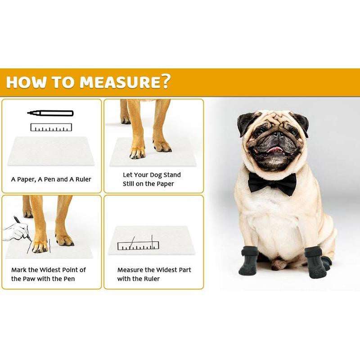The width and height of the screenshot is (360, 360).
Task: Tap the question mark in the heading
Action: tap(165, 82)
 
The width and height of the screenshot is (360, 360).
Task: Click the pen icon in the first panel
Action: tap(50, 113)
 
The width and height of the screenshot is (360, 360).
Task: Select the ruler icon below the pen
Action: tap(51, 127)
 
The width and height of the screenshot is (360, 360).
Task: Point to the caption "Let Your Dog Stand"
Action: tap(152, 175)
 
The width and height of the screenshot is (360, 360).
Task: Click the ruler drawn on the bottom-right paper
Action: tap(139, 246)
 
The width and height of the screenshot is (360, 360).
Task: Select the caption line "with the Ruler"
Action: tap(139, 279)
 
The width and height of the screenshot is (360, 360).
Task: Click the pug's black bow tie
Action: tap(272, 182)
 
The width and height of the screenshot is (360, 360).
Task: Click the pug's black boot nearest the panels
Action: tap(249, 261)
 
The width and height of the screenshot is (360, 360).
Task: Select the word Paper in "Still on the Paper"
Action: tap(164, 184)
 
